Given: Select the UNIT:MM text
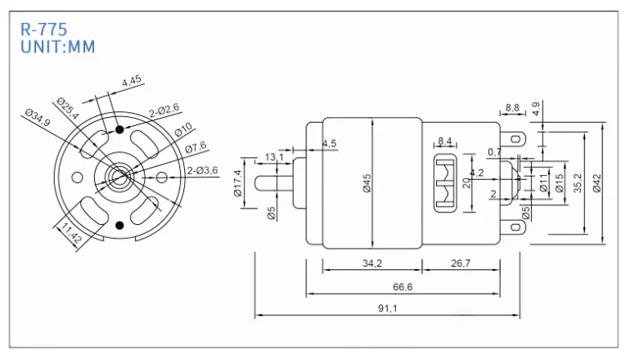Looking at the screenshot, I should point(57,47).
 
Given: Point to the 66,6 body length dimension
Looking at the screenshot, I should point(403,286).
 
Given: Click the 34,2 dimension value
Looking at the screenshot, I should point(371,264).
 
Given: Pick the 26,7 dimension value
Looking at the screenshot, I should point(461,264).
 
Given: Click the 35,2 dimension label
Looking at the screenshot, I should point(578,183).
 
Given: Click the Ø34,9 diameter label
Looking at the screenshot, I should point(38,119).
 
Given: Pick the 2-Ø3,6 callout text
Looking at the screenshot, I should point(202,170).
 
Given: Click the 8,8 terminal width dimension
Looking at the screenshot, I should point(512,107).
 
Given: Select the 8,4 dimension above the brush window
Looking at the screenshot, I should point(446,141).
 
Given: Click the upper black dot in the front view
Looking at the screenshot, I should point(120,129).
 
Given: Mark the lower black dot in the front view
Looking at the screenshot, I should point(120,224).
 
